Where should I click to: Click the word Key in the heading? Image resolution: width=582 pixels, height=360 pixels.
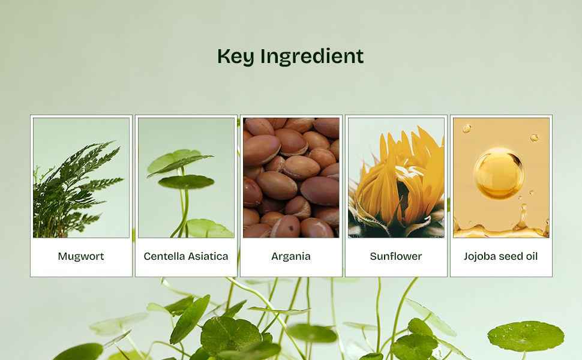pyautogui.click(x=236, y=57)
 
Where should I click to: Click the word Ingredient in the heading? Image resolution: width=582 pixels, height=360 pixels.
pyautogui.click(x=312, y=57)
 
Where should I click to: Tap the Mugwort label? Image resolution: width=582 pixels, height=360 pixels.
pyautogui.click(x=81, y=256)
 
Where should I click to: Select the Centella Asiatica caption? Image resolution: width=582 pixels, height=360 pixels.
pyautogui.click(x=186, y=256)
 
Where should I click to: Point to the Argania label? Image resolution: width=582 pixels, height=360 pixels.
pyautogui.click(x=291, y=256)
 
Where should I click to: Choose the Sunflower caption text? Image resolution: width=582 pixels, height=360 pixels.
pyautogui.click(x=396, y=256)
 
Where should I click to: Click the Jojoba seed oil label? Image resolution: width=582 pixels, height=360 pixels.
pyautogui.click(x=501, y=256)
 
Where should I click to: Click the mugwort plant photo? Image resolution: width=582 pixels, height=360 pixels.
pyautogui.click(x=81, y=178)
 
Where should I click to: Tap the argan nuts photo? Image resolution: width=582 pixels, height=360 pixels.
pyautogui.click(x=291, y=178)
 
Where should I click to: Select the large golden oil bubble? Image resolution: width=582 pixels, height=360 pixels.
pyautogui.click(x=499, y=173)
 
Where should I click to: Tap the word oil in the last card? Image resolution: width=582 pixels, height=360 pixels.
pyautogui.click(x=530, y=256)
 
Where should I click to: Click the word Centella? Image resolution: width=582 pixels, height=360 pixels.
pyautogui.click(x=164, y=256)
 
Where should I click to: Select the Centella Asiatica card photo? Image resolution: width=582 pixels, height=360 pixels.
pyautogui.click(x=187, y=178)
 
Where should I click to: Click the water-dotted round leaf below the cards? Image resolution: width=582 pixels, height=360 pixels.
pyautogui.click(x=526, y=336)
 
